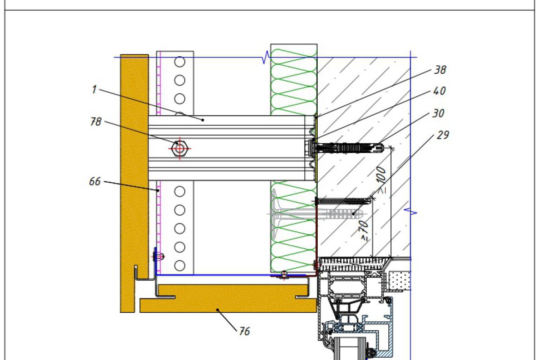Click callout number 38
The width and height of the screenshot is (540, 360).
(440, 70)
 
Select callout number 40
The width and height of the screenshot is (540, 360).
(440, 91)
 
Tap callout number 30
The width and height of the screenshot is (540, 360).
(438, 113)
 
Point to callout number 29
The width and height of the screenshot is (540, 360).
(443, 135)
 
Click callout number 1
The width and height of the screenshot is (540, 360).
(94, 90)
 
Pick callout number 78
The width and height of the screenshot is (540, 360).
(96, 121)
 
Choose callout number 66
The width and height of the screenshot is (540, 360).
(95, 181)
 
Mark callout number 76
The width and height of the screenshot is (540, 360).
(244, 331)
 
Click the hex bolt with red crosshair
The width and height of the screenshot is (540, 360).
(180, 148)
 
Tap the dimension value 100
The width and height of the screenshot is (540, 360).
(381, 175)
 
